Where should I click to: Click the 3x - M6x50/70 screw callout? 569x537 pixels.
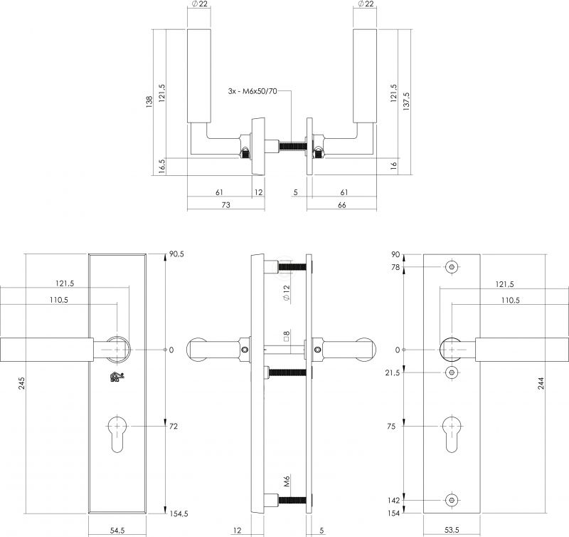click(252, 91)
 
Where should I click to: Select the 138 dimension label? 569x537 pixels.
click(149, 102)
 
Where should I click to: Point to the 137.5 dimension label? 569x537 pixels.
click(406, 101)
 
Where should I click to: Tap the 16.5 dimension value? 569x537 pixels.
click(162, 167)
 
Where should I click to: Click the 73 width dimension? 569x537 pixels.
click(225, 205)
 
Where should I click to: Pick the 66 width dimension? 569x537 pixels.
click(342, 205)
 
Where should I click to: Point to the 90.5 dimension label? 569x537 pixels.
click(176, 254)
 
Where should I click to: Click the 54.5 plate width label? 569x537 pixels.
click(117, 530)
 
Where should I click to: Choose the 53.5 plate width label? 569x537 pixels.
click(452, 530)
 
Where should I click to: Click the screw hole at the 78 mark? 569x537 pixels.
click(452, 267)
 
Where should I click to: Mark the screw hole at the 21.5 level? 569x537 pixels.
click(452, 372)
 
